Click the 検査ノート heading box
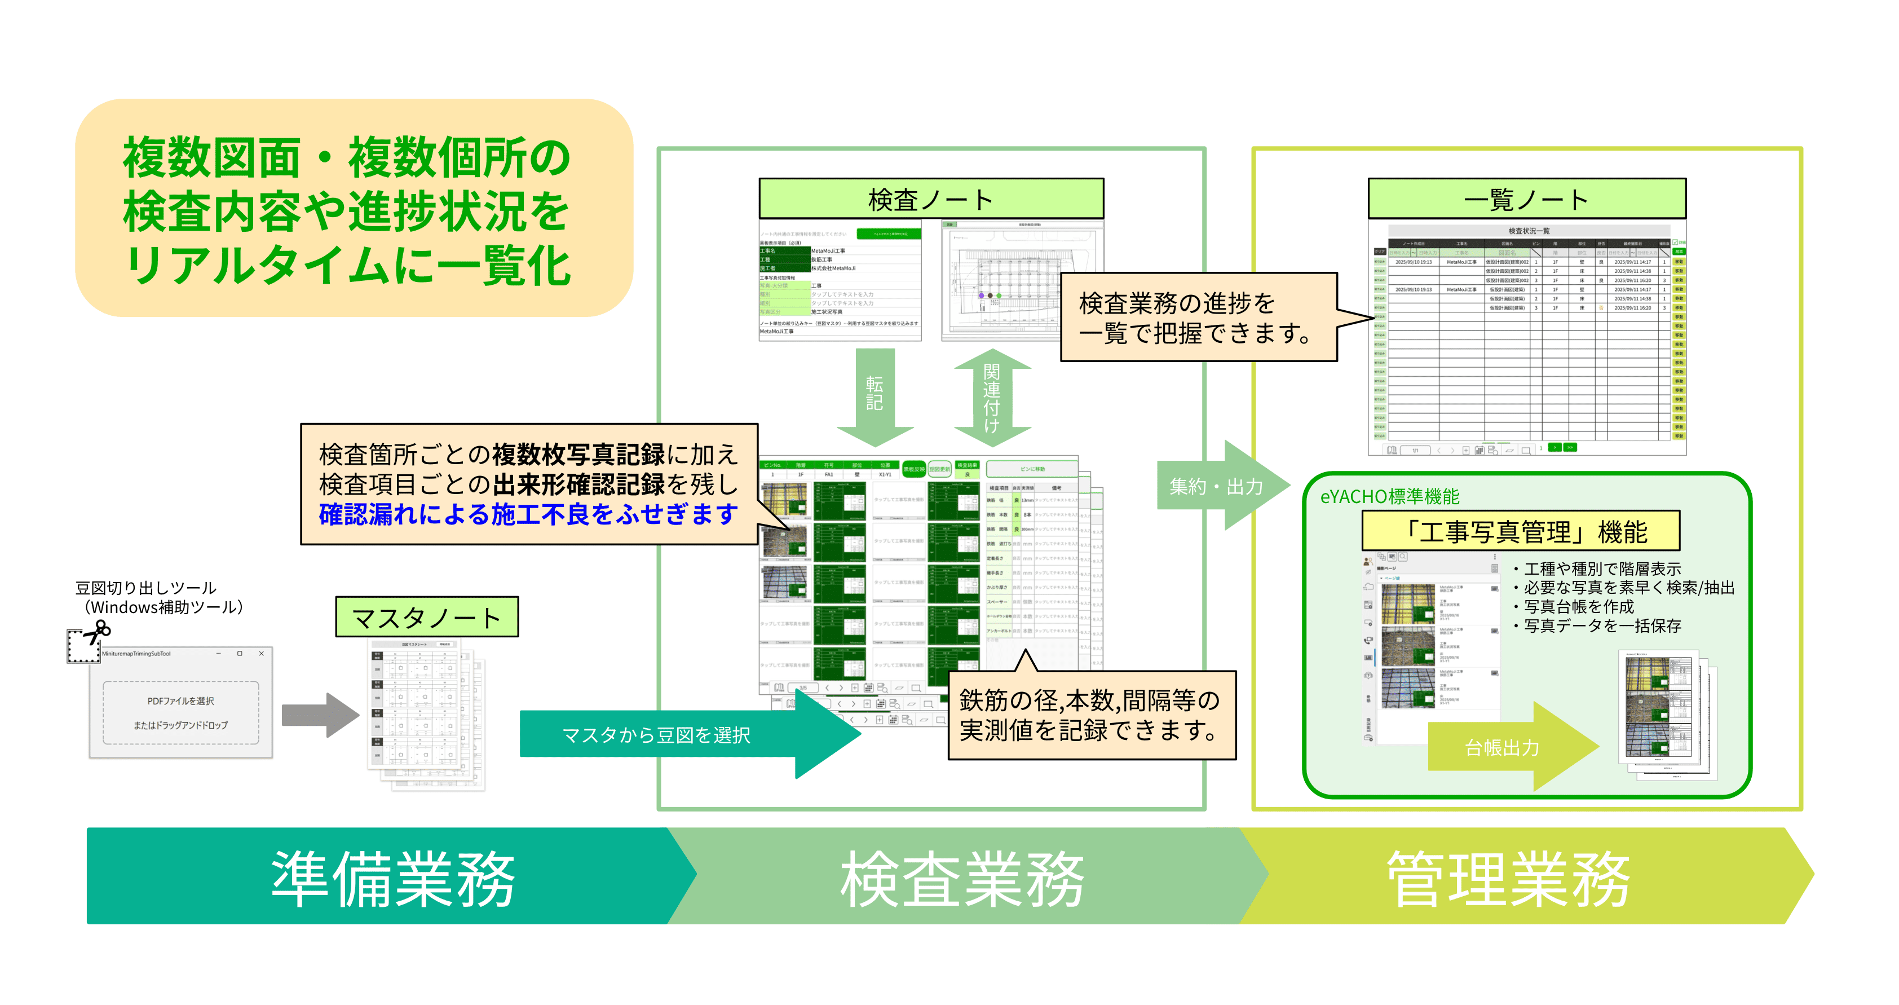tap(930, 199)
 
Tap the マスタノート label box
tap(427, 617)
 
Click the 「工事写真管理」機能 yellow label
tap(1520, 531)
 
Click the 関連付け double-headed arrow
tap(992, 398)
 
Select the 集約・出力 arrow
tap(1220, 486)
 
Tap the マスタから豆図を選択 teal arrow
tap(664, 734)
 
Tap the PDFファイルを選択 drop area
tap(180, 712)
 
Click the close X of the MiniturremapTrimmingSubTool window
tap(261, 653)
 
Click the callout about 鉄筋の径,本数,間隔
tap(1091, 715)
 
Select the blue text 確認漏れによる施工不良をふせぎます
tap(528, 514)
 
